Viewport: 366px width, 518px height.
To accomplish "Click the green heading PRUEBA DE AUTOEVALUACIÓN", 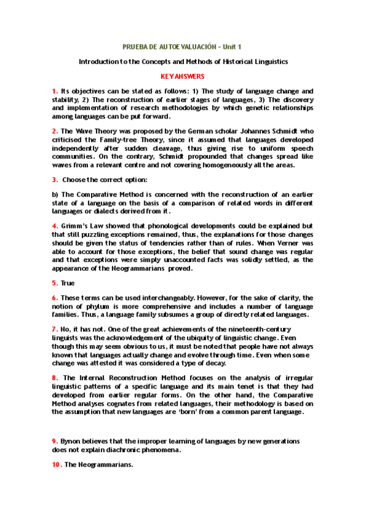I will click(x=170, y=46).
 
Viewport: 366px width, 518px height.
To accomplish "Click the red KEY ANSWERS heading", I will click(x=182, y=76).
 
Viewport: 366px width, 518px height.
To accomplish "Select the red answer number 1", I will click(x=54, y=91).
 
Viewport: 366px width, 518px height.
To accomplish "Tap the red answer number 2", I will click(x=54, y=131).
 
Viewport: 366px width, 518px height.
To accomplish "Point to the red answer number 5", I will click(x=54, y=283).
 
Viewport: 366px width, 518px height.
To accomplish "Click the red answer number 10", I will click(x=56, y=464).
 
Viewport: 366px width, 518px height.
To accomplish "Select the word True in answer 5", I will click(x=68, y=283).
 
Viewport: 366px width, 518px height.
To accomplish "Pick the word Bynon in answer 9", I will click(x=70, y=441).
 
